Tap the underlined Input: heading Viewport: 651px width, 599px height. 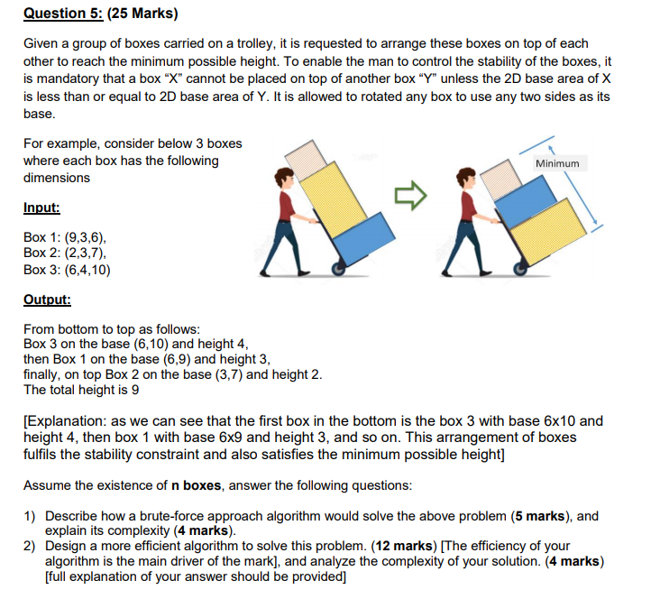(x=41, y=207)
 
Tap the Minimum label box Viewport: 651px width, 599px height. (x=557, y=163)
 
